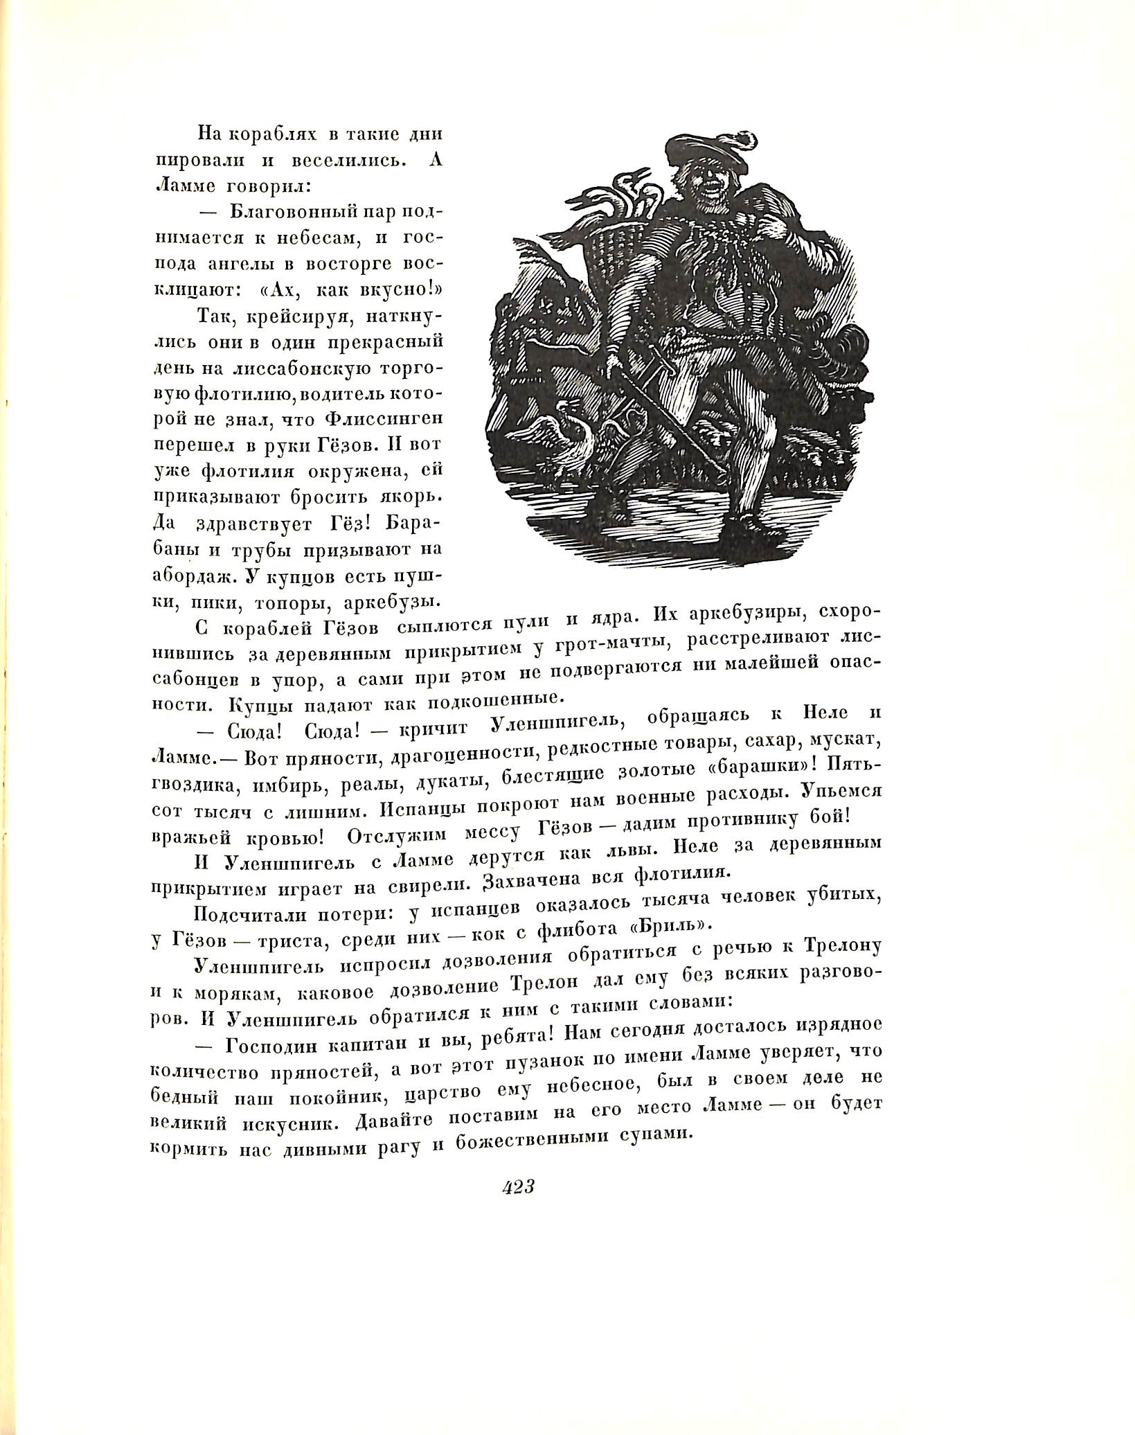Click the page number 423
517,1186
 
